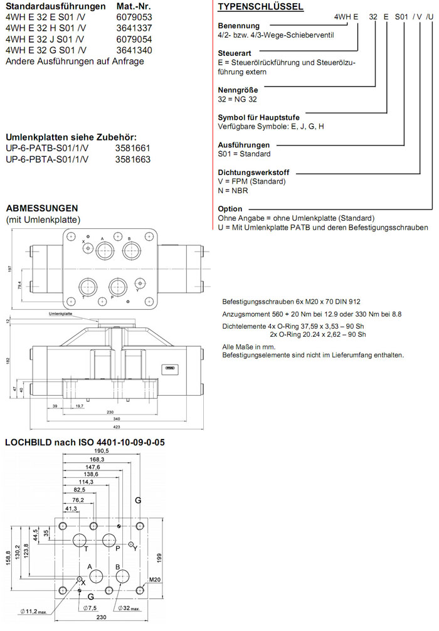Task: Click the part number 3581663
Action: click(x=133, y=160)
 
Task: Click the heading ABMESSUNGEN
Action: click(x=41, y=208)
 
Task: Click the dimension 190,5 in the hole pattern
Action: click(x=102, y=450)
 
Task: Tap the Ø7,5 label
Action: click(x=92, y=608)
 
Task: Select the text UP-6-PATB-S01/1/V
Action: click(x=47, y=149)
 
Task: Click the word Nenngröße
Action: click(x=238, y=90)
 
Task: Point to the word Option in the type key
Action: click(x=230, y=209)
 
